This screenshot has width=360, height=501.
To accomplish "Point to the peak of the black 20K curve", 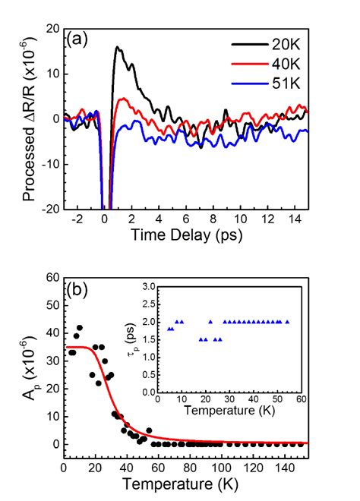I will pyautogui.click(x=117, y=47).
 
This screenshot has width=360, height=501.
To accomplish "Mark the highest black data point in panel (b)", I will pyautogui.click(x=79, y=328).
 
